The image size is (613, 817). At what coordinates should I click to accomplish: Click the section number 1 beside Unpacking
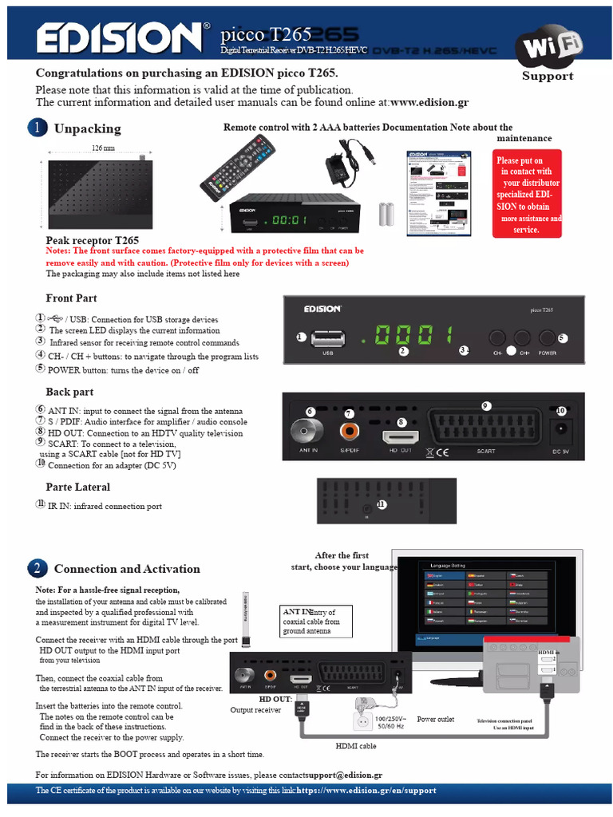(x=38, y=128)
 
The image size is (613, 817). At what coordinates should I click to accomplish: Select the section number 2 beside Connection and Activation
(x=38, y=568)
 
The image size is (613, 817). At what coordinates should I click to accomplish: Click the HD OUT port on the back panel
(x=401, y=437)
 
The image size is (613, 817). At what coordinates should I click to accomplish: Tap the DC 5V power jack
(x=561, y=431)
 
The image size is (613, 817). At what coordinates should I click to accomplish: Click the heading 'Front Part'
(x=71, y=298)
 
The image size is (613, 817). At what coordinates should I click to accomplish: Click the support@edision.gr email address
(x=345, y=775)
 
